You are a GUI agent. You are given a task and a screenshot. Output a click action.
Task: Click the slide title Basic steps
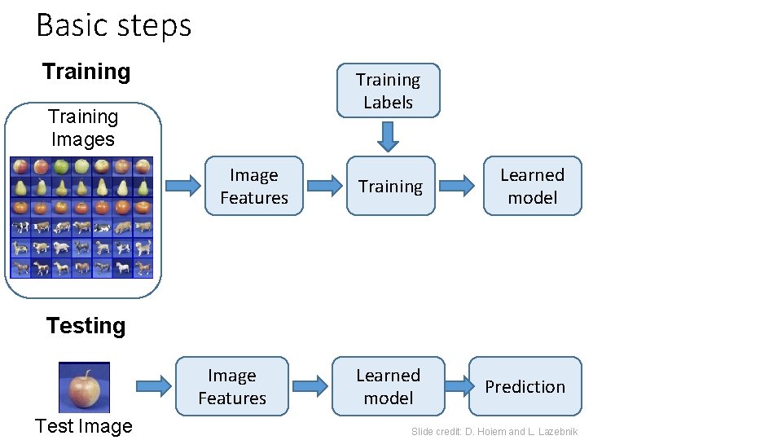(113, 25)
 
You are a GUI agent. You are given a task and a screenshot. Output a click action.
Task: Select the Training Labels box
(388, 90)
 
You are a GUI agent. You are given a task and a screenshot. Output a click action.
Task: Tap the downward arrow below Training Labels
(389, 136)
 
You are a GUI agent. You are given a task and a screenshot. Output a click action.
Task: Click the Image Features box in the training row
(254, 186)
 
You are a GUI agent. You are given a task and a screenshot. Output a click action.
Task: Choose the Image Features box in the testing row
(232, 386)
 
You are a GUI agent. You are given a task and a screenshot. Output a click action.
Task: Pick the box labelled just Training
(390, 186)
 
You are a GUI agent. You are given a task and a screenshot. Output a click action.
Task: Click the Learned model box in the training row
(532, 186)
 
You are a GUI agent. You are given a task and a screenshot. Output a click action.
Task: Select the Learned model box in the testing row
(388, 386)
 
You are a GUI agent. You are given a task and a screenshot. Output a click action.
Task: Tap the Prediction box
(525, 386)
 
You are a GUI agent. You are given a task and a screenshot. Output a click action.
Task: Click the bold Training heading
(86, 72)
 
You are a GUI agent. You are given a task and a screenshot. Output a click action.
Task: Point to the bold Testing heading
(86, 326)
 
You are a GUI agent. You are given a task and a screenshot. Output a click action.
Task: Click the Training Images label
(83, 128)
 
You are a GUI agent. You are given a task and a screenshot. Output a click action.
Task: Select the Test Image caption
(84, 426)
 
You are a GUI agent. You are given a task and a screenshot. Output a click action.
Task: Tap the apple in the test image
(84, 389)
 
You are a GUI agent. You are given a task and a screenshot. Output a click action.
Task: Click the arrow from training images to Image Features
(182, 186)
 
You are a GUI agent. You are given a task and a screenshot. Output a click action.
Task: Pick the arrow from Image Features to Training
(324, 186)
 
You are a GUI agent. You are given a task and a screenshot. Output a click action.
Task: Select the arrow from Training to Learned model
(458, 186)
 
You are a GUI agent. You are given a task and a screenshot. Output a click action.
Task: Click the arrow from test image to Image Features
(151, 386)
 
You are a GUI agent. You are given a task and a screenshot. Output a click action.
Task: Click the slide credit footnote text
(494, 432)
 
